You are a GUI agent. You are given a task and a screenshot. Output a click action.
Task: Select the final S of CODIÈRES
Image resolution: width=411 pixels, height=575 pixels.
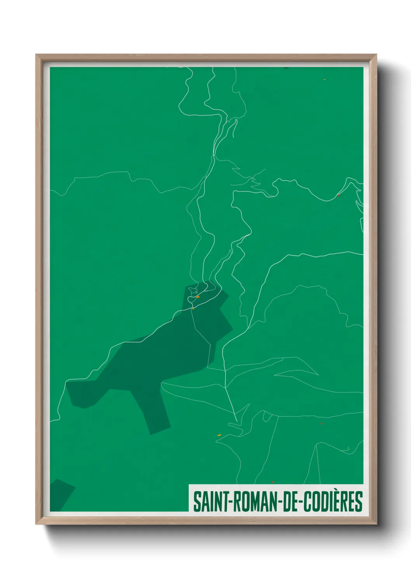(359, 502)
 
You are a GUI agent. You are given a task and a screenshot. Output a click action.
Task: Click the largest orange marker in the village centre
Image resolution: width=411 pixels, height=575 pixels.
(198, 297)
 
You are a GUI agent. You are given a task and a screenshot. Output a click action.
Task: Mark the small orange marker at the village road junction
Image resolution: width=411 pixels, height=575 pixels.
(193, 308)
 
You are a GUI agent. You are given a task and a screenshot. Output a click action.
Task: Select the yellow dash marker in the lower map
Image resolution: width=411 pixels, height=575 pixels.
(219, 435)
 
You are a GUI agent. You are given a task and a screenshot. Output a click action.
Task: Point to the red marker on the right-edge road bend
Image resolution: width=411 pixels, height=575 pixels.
(338, 195)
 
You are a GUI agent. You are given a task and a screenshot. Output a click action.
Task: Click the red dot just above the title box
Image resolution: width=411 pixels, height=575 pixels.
(273, 482)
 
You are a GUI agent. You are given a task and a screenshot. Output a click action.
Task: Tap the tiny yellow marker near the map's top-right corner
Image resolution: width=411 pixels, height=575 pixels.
(324, 80)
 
